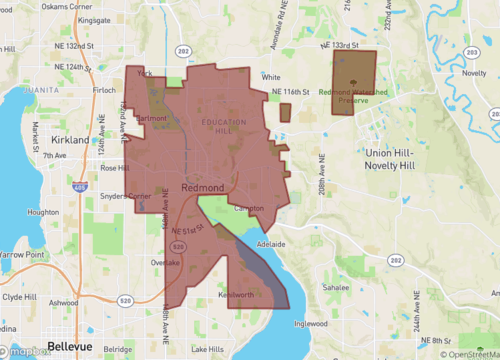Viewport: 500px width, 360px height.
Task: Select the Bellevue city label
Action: pos(69,345)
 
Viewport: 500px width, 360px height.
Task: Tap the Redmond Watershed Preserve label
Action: pos(350,95)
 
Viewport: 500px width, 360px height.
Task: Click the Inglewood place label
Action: pos(312,323)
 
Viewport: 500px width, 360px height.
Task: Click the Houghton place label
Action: pos(43,212)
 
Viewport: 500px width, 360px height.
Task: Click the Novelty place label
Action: pos(475,73)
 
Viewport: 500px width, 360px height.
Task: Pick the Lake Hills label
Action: pos(208,349)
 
